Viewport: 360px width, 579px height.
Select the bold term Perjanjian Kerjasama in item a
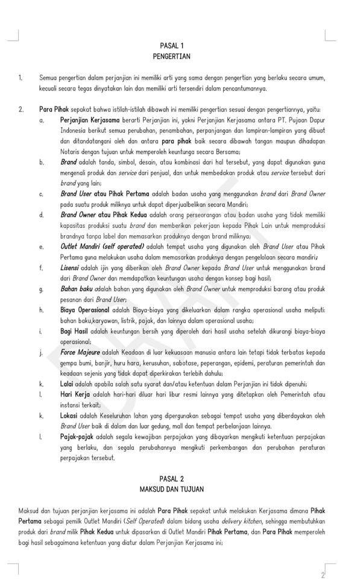(x=89, y=120)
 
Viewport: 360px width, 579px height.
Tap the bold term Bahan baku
(x=77, y=289)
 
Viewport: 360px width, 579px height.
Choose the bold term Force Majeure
(x=83, y=352)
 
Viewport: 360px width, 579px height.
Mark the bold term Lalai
(x=68, y=383)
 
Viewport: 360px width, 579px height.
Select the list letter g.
(x=40, y=289)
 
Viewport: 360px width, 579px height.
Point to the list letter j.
(x=40, y=352)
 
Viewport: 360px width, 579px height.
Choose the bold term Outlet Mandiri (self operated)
(x=102, y=247)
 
